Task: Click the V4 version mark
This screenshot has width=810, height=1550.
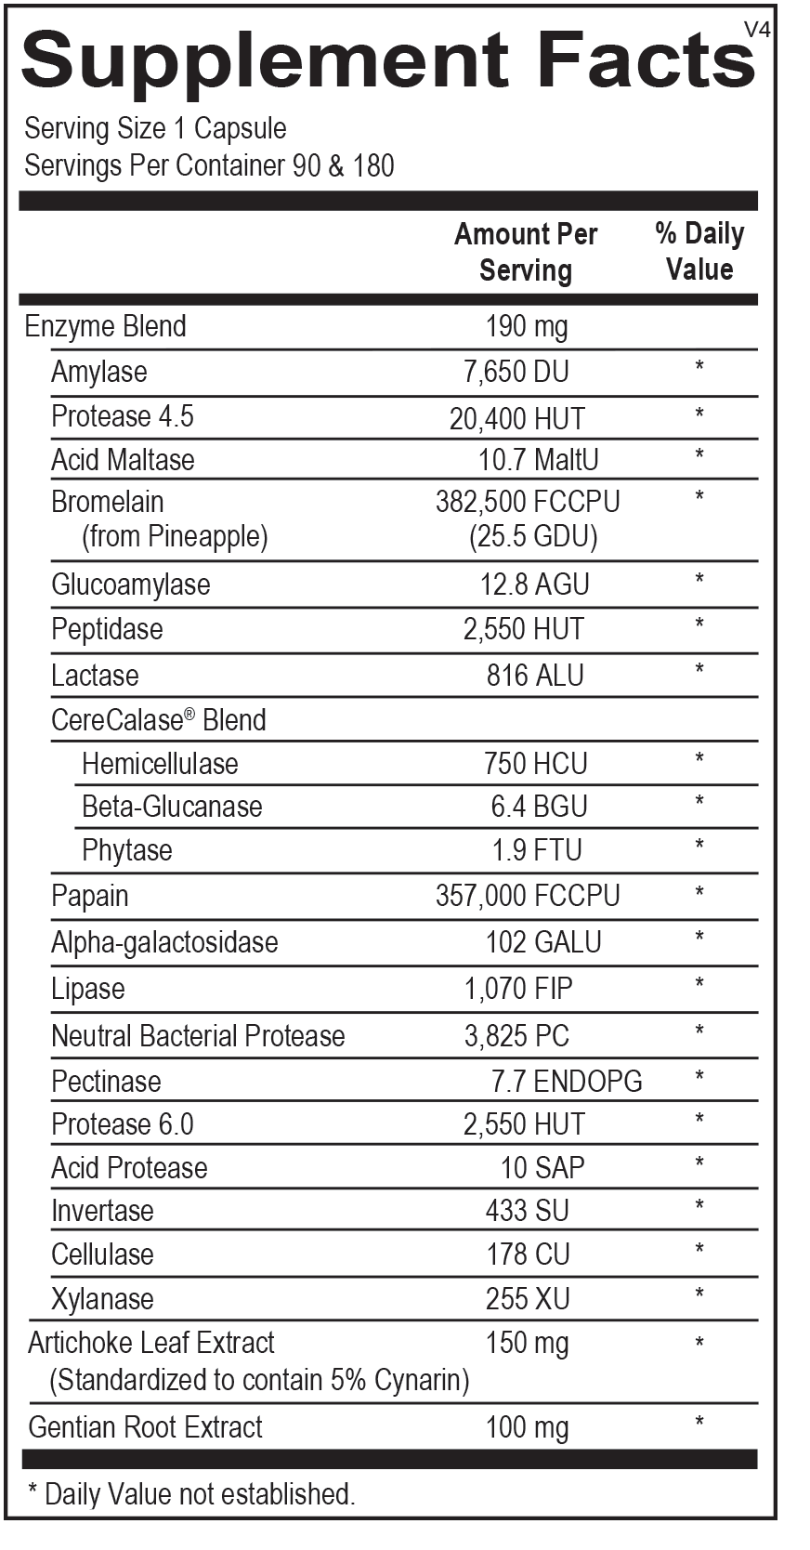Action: [x=757, y=30]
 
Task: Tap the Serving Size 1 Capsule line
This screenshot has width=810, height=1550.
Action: [x=155, y=128]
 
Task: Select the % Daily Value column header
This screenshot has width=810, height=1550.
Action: [x=699, y=251]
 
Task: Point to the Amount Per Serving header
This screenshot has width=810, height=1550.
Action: [x=526, y=252]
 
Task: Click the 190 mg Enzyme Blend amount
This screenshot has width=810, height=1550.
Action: [x=527, y=326]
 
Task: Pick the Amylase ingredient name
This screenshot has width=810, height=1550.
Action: [x=99, y=372]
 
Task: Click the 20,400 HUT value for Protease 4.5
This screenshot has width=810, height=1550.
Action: [x=517, y=418]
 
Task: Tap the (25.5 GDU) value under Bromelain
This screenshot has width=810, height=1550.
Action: [x=533, y=536]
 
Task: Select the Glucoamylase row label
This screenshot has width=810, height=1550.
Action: [x=131, y=585]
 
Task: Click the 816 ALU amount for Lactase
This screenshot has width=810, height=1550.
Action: [x=535, y=676]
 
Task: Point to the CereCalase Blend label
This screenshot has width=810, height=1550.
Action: [x=159, y=720]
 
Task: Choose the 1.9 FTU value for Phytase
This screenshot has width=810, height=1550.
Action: [x=536, y=850]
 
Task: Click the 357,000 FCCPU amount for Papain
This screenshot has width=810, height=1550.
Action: [x=528, y=896]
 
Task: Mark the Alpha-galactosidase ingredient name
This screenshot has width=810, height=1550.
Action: [x=164, y=942]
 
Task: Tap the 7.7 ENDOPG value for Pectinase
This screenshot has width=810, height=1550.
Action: [x=567, y=1081]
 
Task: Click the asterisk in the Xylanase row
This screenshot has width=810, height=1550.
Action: [x=699, y=1295]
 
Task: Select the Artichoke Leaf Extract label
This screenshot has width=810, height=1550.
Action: [x=151, y=1343]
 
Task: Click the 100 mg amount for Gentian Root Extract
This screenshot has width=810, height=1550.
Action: [x=527, y=1427]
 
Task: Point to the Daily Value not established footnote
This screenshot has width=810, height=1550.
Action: [x=191, y=1494]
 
